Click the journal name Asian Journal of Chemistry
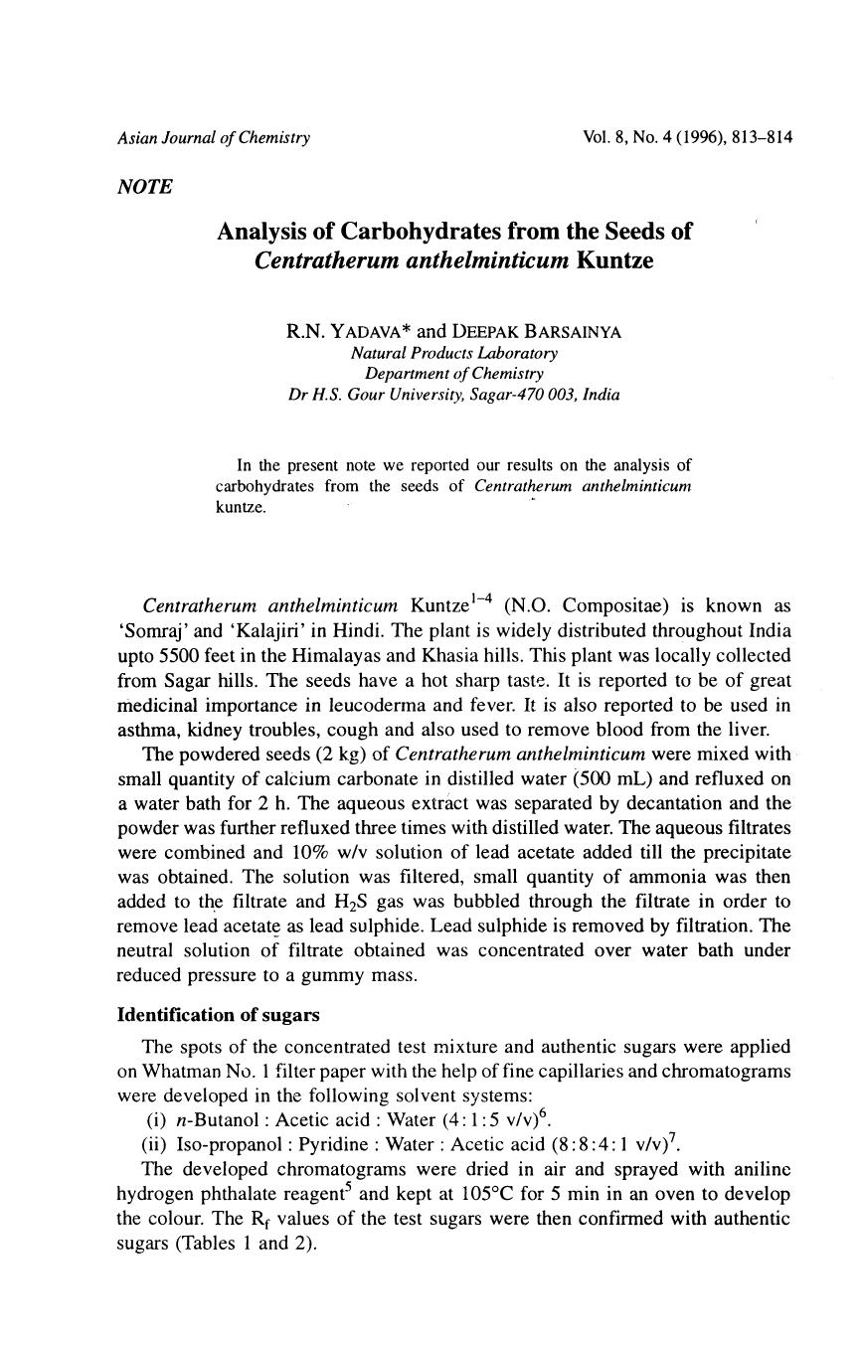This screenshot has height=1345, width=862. [214, 137]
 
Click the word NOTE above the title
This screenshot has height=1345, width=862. [144, 187]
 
